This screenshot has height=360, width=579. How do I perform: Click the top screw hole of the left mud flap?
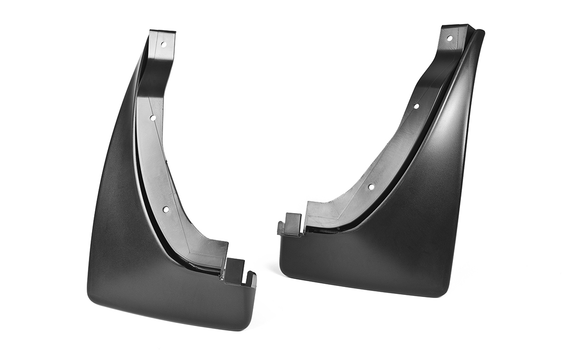[x=163, y=44]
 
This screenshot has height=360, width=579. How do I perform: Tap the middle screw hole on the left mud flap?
[x=152, y=118]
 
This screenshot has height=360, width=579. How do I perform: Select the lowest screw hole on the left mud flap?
[x=166, y=210]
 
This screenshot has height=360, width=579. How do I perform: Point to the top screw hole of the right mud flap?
[x=450, y=38]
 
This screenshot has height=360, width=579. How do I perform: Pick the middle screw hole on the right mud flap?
[x=416, y=106]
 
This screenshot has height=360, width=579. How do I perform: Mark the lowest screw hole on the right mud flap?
[x=371, y=187]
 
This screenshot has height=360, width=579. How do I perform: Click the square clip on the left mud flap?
[x=233, y=270]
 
